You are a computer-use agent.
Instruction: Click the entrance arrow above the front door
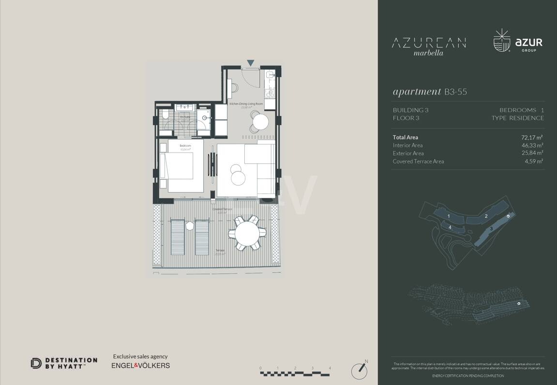click(x=250, y=63)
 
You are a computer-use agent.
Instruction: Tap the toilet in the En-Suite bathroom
click(x=165, y=114)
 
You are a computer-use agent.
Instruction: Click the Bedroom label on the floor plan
click(x=185, y=146)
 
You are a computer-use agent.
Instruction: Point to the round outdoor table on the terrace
click(x=247, y=234)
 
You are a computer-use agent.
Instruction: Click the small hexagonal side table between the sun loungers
click(x=190, y=225)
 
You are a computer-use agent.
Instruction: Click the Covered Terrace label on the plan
click(x=222, y=209)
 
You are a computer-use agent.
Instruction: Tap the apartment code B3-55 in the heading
click(x=455, y=92)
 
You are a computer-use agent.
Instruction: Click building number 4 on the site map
click(x=450, y=227)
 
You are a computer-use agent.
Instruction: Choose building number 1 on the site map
click(x=449, y=216)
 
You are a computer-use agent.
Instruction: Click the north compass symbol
click(x=360, y=370)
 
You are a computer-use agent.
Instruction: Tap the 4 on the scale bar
click(x=330, y=368)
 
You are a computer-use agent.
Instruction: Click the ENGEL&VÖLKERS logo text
click(x=141, y=366)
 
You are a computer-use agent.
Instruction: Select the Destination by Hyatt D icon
click(x=36, y=363)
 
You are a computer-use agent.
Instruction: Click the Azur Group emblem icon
click(x=502, y=41)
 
